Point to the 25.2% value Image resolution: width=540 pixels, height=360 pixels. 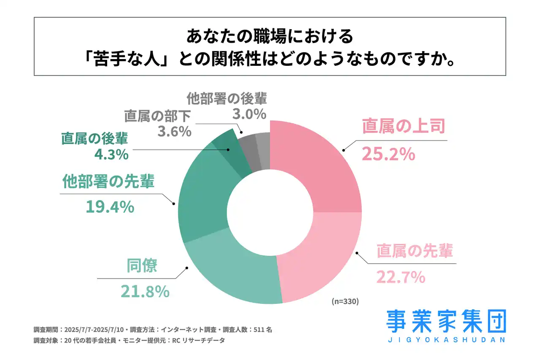point(388,154)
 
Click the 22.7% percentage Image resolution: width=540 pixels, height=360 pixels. point(400,277)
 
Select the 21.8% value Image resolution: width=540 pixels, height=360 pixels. point(145,291)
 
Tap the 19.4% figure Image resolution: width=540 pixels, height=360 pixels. point(110,207)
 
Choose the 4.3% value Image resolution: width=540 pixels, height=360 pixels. point(111,154)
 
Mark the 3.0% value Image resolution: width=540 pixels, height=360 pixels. point(249,114)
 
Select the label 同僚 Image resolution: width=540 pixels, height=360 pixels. point(142,266)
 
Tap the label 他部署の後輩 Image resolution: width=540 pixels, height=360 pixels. point(227,98)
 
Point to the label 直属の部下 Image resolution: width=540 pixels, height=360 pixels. point(158,116)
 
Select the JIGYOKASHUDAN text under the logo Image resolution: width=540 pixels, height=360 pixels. point(446,340)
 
